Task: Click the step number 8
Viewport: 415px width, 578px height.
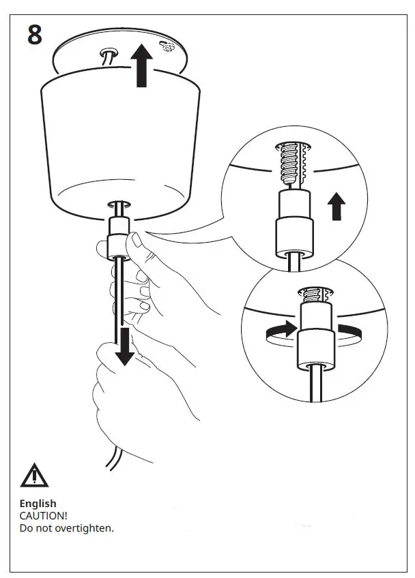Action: click(x=35, y=33)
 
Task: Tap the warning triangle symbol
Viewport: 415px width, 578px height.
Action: click(x=34, y=475)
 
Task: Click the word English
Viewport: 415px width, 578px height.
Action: click(x=38, y=504)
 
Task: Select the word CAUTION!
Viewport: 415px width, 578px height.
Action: click(x=43, y=516)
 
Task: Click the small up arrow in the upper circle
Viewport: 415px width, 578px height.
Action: click(x=337, y=206)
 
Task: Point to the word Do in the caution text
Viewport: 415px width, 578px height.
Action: click(x=26, y=528)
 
